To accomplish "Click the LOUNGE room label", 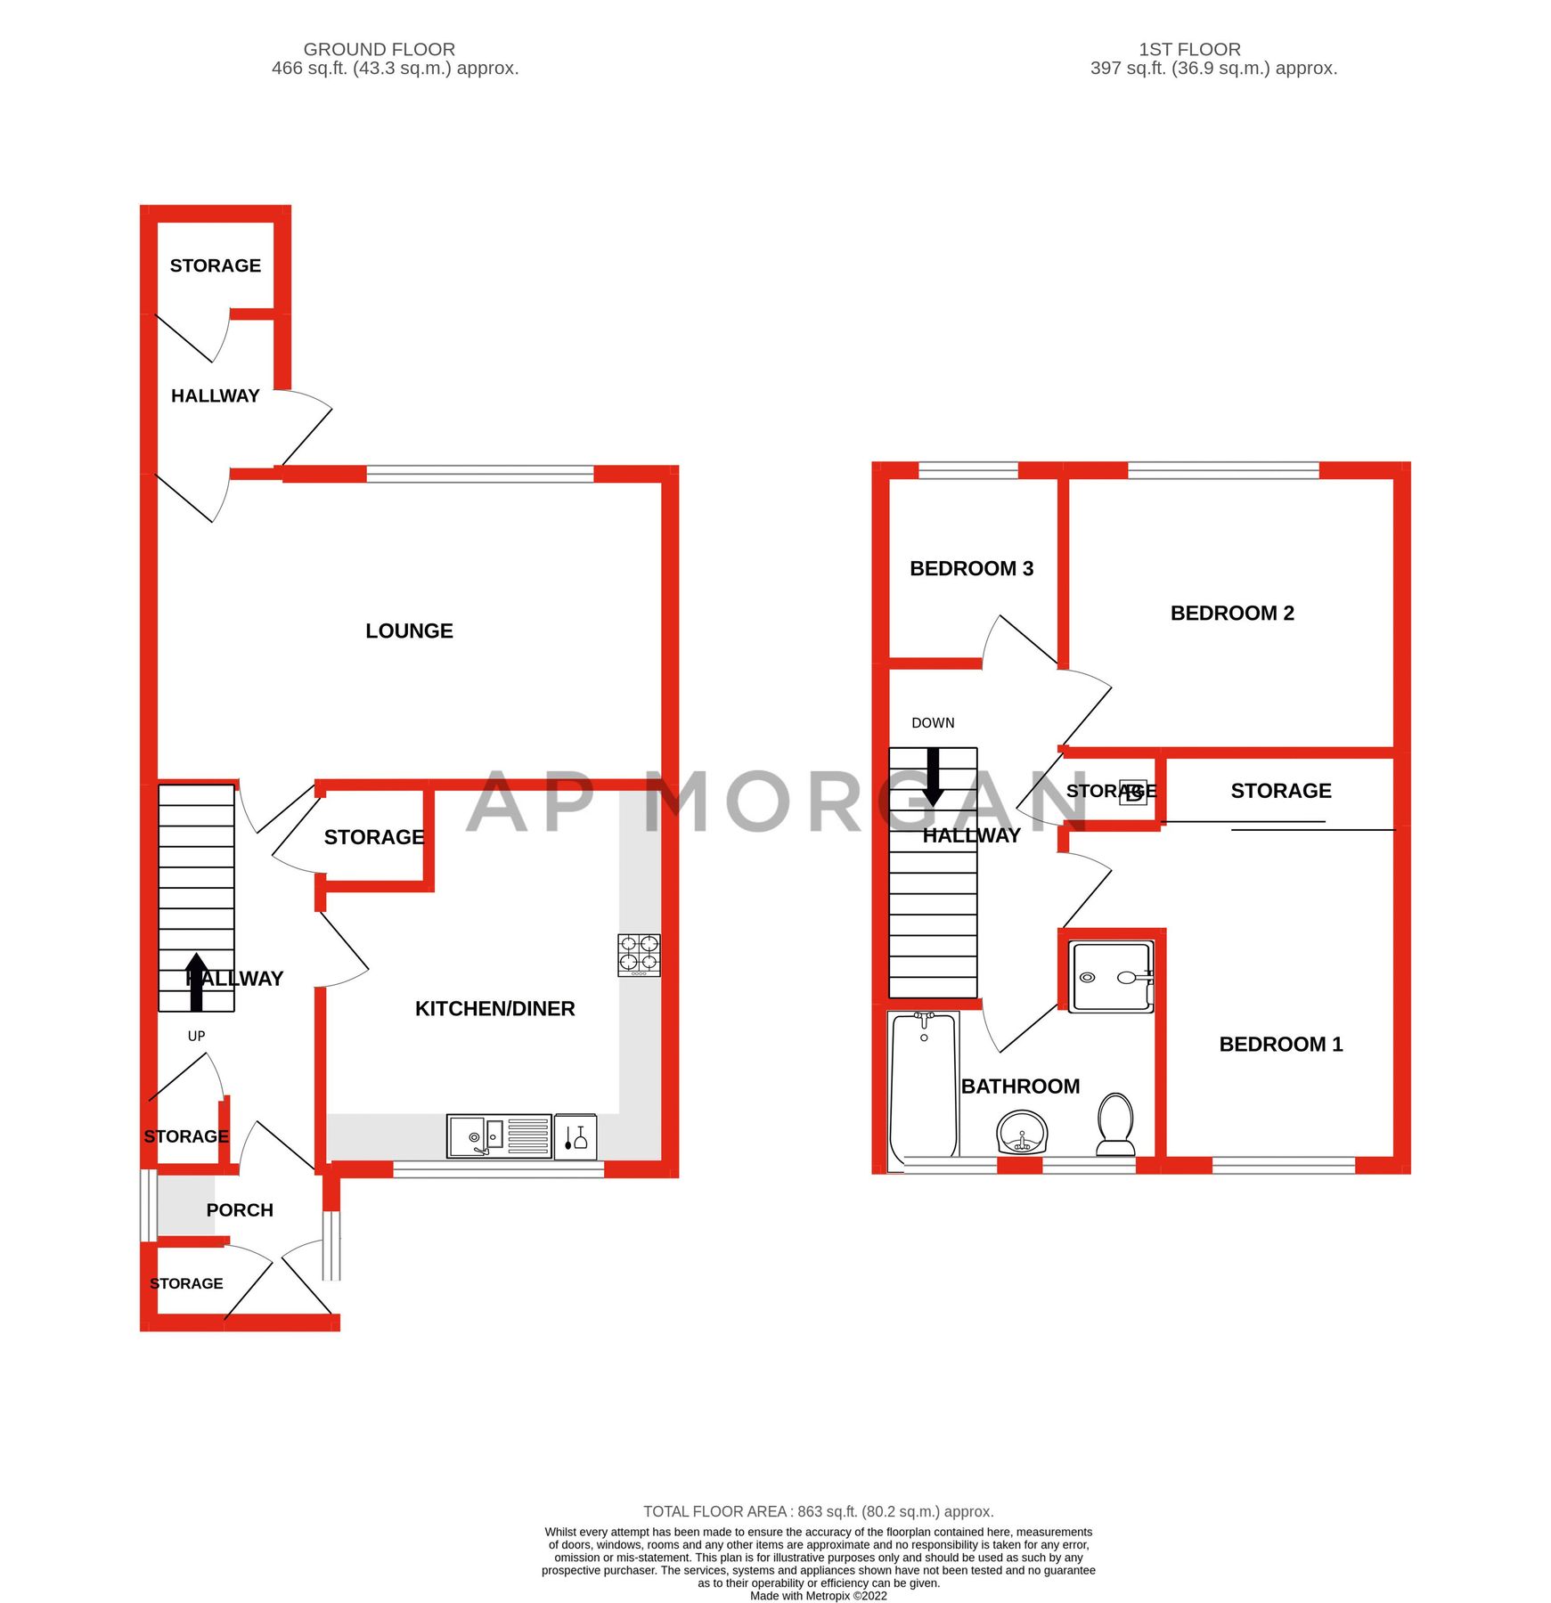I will [x=409, y=631].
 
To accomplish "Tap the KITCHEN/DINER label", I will [x=494, y=1008].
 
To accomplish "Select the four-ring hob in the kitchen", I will [x=639, y=954].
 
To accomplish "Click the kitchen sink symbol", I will [x=499, y=1136].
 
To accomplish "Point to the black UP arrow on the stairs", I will [x=197, y=982].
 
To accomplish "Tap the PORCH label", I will [x=240, y=1209].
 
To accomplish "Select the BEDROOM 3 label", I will [x=971, y=568].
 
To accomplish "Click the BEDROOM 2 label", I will [x=1232, y=613].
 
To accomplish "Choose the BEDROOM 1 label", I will [x=1280, y=1044].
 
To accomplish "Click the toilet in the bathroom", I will [x=1115, y=1124].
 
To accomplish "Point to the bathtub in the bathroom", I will [x=924, y=1086].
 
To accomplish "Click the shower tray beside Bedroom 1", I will [x=1111, y=977].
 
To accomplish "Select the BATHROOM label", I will [x=1020, y=1086].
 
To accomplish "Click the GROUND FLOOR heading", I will [x=380, y=49].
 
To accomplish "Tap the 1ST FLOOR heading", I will [x=1189, y=49].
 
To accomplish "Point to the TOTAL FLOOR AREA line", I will [x=818, y=1511].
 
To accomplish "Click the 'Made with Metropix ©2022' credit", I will [x=818, y=1595].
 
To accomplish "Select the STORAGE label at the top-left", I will [x=215, y=265].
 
